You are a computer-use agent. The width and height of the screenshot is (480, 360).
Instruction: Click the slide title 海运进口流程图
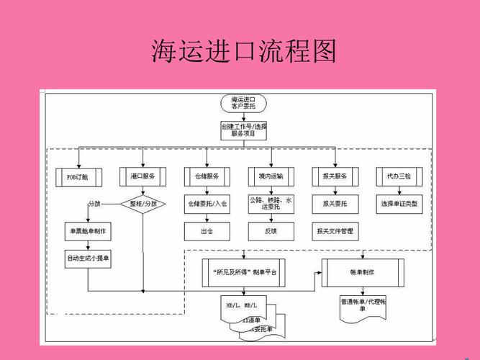pos(244,53)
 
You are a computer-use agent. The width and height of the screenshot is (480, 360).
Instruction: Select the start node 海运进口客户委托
pos(243,102)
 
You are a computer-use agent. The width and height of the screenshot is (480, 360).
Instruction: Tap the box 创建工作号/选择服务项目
pos(243,130)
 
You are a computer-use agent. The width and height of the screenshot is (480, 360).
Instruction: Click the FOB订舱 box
pos(78,176)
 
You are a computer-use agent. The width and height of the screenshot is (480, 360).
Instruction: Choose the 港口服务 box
pos(142,176)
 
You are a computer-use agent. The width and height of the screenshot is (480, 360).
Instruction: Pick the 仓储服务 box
pos(207,176)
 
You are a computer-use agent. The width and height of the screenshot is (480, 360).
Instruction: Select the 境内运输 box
pos(271,176)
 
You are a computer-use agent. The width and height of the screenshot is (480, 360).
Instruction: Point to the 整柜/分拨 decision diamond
pos(142,204)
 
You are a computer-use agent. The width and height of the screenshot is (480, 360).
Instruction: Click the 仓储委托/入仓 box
pos(207,204)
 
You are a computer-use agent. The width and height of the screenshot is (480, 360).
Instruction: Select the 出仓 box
pos(207,232)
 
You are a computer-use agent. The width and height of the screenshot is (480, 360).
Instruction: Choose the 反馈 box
pos(271,232)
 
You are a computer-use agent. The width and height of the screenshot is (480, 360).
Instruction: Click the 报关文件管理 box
pos(335,232)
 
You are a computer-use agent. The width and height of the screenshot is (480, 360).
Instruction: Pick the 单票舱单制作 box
pos(87,232)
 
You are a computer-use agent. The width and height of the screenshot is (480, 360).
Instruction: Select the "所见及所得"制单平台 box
pos(244,273)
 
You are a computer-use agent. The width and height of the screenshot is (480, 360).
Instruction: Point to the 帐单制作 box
pos(361,273)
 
